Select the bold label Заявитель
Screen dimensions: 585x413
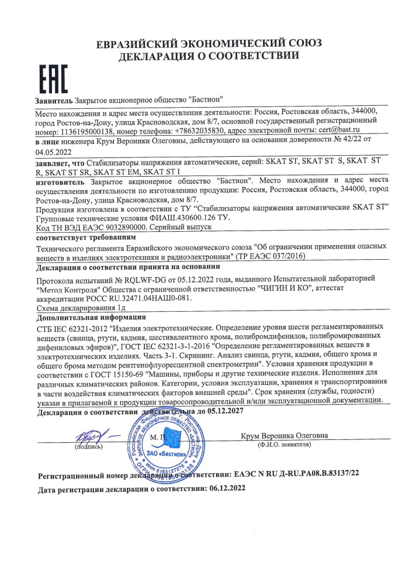pyautogui.click(x=54, y=101)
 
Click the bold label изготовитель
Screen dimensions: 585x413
pyautogui.click(x=62, y=183)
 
